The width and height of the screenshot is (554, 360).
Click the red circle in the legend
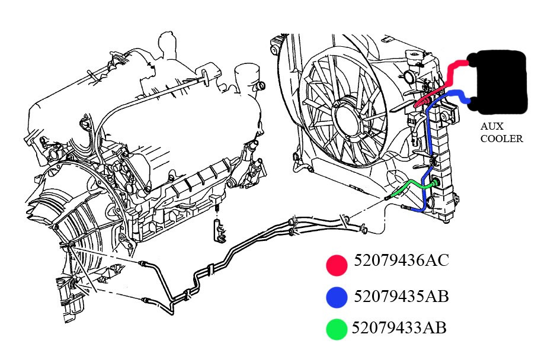pyautogui.click(x=336, y=265)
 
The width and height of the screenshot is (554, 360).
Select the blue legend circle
pyautogui.click(x=336, y=298)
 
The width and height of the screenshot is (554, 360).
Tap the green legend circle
pyautogui.click(x=336, y=329)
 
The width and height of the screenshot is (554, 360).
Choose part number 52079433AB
pyautogui.click(x=399, y=327)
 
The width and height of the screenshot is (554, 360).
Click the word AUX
pyautogui.click(x=491, y=127)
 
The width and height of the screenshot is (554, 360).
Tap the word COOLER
pyautogui.click(x=501, y=140)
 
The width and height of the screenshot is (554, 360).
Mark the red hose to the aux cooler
pyautogui.click(x=450, y=74)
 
